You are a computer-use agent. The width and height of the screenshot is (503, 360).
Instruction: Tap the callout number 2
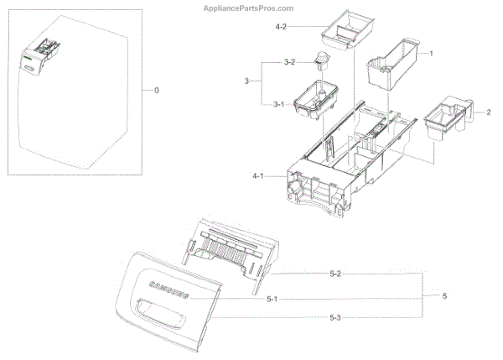point(488,112)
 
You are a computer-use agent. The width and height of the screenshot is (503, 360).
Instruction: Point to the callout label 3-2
point(288,62)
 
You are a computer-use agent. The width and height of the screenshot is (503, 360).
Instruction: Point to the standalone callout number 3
point(246,81)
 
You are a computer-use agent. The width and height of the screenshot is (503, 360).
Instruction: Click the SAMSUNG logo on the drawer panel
point(167,290)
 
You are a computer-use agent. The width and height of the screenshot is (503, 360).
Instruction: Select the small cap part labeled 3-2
point(319,60)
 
